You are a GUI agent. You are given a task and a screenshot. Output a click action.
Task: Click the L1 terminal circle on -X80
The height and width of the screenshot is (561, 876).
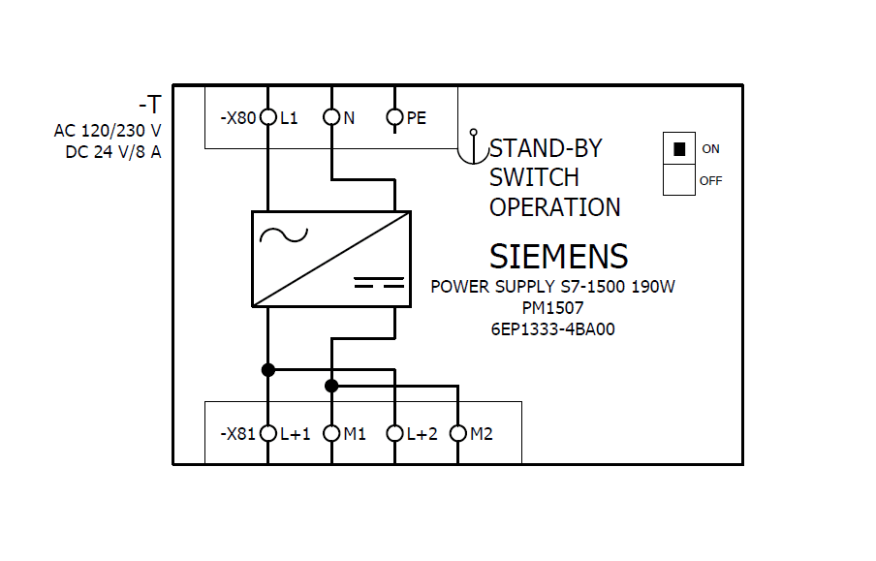(x=268, y=118)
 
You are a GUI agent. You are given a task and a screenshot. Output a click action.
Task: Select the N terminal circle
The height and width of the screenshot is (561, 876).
(x=331, y=118)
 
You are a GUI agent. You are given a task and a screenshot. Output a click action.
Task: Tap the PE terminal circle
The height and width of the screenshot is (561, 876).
(x=394, y=118)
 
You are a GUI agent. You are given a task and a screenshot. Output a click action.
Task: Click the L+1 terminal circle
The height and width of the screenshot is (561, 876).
(x=268, y=433)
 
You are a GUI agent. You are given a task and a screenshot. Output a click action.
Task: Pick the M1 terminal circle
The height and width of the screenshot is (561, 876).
(x=331, y=433)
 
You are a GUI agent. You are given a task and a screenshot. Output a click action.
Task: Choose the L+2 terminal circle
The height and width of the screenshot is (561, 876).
(x=394, y=433)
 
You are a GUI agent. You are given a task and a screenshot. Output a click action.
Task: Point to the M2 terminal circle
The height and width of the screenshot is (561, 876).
(x=458, y=433)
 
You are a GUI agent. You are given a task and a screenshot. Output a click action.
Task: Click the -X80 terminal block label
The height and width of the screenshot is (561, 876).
(x=237, y=118)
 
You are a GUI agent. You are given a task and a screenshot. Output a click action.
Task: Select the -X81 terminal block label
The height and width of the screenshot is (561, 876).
(x=237, y=434)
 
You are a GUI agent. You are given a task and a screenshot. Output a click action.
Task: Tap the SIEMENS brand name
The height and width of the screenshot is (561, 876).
(x=558, y=257)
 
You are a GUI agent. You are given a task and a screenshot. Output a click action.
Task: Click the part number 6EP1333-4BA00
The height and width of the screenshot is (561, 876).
(x=552, y=328)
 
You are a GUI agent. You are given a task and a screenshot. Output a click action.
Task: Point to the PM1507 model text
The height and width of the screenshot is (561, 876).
(x=552, y=308)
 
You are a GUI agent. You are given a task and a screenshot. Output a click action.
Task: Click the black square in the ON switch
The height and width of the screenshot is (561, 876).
(x=679, y=149)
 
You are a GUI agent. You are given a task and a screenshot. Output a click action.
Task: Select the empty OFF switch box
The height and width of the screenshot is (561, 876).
(x=679, y=180)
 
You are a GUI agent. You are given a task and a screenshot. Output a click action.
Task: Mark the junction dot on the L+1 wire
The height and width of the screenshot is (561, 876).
(x=268, y=369)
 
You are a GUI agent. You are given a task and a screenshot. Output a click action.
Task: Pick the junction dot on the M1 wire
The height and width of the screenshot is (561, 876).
(x=331, y=386)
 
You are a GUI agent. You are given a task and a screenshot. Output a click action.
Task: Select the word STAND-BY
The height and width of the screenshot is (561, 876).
(x=546, y=148)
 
